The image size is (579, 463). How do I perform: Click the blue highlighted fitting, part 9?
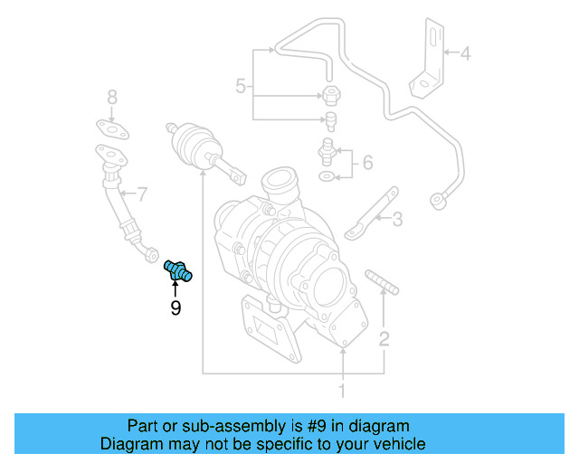(x=178, y=271)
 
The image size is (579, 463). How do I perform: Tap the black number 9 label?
(x=176, y=308)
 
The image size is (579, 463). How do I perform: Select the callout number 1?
(x=342, y=391)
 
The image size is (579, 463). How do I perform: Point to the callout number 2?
(x=384, y=339)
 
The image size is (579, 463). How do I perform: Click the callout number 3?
(x=397, y=220)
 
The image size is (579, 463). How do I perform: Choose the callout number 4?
(x=465, y=53)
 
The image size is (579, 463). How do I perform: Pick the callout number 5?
(x=241, y=87)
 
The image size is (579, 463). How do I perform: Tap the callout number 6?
(x=368, y=163)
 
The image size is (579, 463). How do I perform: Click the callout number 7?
(x=142, y=194)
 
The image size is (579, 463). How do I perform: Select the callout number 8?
(x=112, y=98)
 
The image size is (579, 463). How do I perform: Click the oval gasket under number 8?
(x=112, y=129)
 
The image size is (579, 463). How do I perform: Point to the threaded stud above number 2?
(x=382, y=282)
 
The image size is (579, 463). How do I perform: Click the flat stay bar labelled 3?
(x=372, y=213)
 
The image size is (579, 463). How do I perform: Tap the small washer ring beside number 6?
(x=327, y=176)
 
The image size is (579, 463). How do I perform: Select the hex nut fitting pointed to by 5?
(x=331, y=96)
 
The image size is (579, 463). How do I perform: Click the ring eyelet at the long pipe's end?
(x=440, y=201)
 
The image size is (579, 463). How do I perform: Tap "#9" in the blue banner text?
(x=317, y=426)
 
